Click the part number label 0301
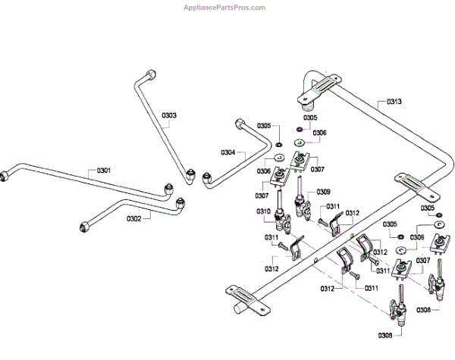(104, 171)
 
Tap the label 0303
(169, 115)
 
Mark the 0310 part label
(263, 211)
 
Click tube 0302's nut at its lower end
(84, 226)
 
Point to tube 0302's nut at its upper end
(180, 203)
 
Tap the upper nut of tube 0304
(241, 124)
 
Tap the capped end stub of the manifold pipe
(240, 310)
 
